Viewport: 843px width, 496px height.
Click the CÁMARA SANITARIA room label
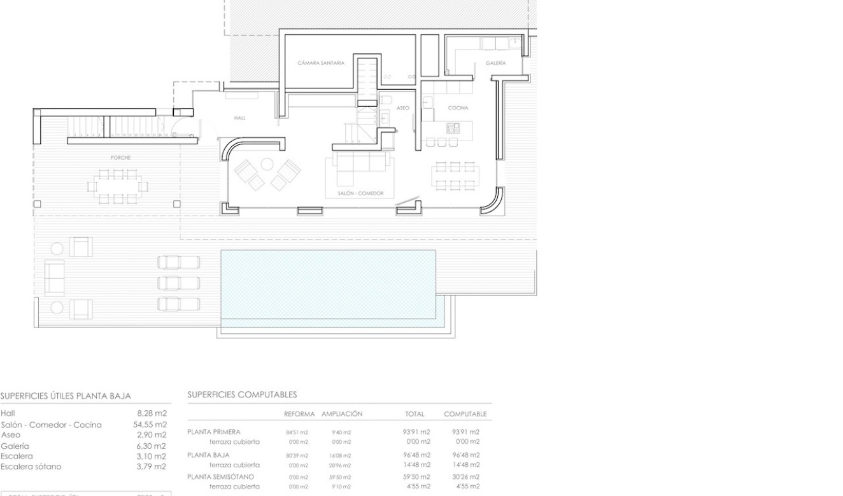point(321,63)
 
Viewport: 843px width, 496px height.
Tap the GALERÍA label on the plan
point(495,64)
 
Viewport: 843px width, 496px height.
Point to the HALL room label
point(240,118)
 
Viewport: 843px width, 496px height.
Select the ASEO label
point(403,108)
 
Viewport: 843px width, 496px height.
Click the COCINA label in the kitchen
point(458,108)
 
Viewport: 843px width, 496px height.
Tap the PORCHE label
point(120,157)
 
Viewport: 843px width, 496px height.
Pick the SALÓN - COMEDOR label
point(360,193)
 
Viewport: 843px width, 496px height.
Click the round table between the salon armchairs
point(267,165)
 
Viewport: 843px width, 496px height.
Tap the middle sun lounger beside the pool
point(178,283)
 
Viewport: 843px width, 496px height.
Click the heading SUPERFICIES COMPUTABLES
point(242,395)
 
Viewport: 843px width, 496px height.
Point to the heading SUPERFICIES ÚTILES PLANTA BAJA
point(66,396)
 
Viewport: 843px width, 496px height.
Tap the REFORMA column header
point(299,414)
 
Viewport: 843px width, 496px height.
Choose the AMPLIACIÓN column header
point(342,414)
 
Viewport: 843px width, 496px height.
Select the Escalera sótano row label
point(31,467)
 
